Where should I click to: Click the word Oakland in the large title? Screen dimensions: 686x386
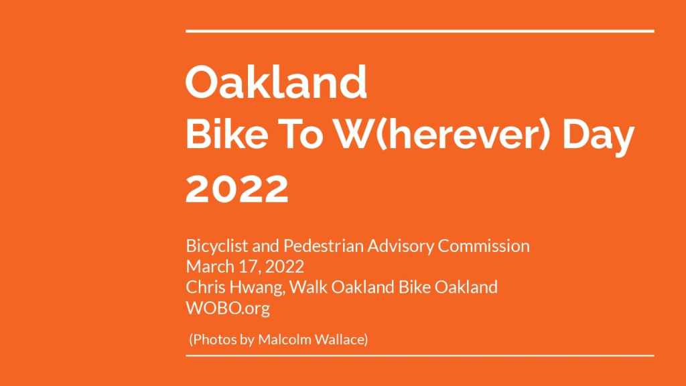pos(276,82)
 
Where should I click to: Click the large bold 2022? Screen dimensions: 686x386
pos(236,188)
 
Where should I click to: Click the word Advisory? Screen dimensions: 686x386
pos(401,247)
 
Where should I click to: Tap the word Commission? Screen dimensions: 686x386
pos(484,246)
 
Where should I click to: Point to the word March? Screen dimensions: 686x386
pos(210,267)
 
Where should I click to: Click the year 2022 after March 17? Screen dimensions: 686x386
pos(284,267)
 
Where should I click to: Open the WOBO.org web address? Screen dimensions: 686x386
pos(228,308)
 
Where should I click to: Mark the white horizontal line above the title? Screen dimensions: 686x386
pos(419,31)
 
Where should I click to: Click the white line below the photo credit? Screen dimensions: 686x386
pos(419,356)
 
